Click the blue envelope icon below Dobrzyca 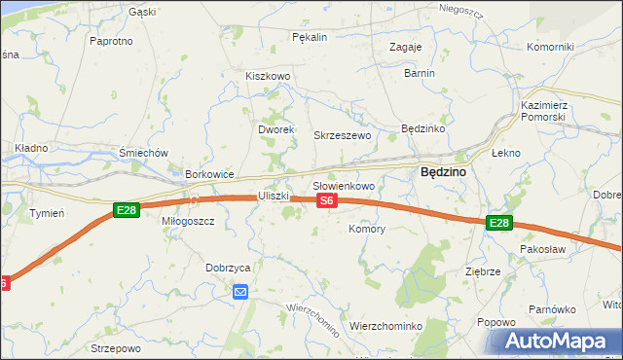tap(240, 291)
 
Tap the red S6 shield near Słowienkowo tap(327, 200)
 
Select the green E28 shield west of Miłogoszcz tap(126, 210)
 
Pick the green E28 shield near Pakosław tap(498, 224)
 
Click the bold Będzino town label tap(443, 171)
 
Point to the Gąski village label tap(142, 13)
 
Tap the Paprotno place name tap(111, 41)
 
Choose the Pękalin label tap(310, 37)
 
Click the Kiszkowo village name tap(269, 76)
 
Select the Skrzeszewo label tap(342, 135)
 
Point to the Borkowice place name tap(210, 174)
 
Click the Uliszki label tap(275, 196)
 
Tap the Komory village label tap(367, 230)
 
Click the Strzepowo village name tap(116, 347)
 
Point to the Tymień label tap(47, 212)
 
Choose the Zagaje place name tap(405, 47)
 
